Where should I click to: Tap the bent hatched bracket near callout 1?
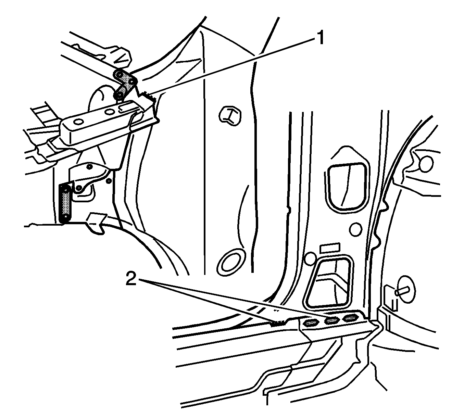[x=125, y=85]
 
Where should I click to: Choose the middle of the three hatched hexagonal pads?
[x=332, y=321]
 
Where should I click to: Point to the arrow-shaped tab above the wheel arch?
[x=96, y=223]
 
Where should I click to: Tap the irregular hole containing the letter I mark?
[x=230, y=116]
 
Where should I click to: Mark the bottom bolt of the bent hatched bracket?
[x=120, y=94]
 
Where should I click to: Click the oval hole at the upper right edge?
[x=426, y=164]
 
